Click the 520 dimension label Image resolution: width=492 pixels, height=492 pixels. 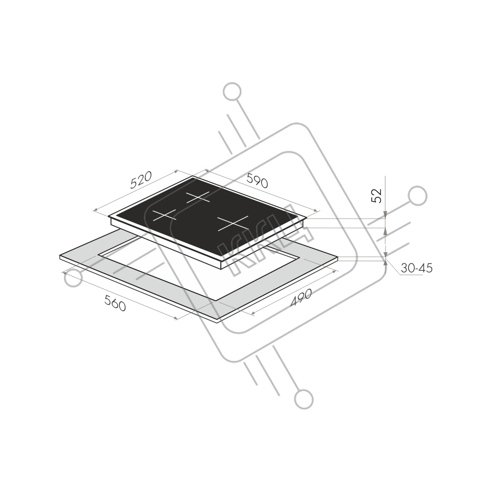tap(141, 180)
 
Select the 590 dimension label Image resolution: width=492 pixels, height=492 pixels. tap(257, 180)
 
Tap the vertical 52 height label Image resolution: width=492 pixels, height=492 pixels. tap(377, 196)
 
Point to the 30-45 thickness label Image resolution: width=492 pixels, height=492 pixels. tap(417, 268)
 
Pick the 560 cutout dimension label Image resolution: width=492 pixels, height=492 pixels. tap(115, 304)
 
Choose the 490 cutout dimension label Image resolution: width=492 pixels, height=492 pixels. tap(301, 297)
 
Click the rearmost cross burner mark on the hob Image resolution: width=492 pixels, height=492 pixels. tap(198, 197)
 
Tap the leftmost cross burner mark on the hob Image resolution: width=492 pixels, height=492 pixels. tap(165, 215)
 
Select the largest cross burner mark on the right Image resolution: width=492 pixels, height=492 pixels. tap(233, 224)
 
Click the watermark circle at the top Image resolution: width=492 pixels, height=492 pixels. tap(232, 92)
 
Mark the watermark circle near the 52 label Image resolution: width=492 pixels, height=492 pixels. tap(418, 196)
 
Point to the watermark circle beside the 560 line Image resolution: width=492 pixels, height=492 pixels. tap(73, 278)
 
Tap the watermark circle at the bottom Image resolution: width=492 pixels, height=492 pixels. tap(304, 400)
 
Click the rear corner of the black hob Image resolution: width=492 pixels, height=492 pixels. tap(192, 176)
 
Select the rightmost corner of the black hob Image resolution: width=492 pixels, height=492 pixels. tap(307, 217)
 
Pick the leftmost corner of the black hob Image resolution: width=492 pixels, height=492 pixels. tap(109, 216)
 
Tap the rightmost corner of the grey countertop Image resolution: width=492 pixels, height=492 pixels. tap(338, 257)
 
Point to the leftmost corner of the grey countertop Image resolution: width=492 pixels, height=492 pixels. tap(60, 256)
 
